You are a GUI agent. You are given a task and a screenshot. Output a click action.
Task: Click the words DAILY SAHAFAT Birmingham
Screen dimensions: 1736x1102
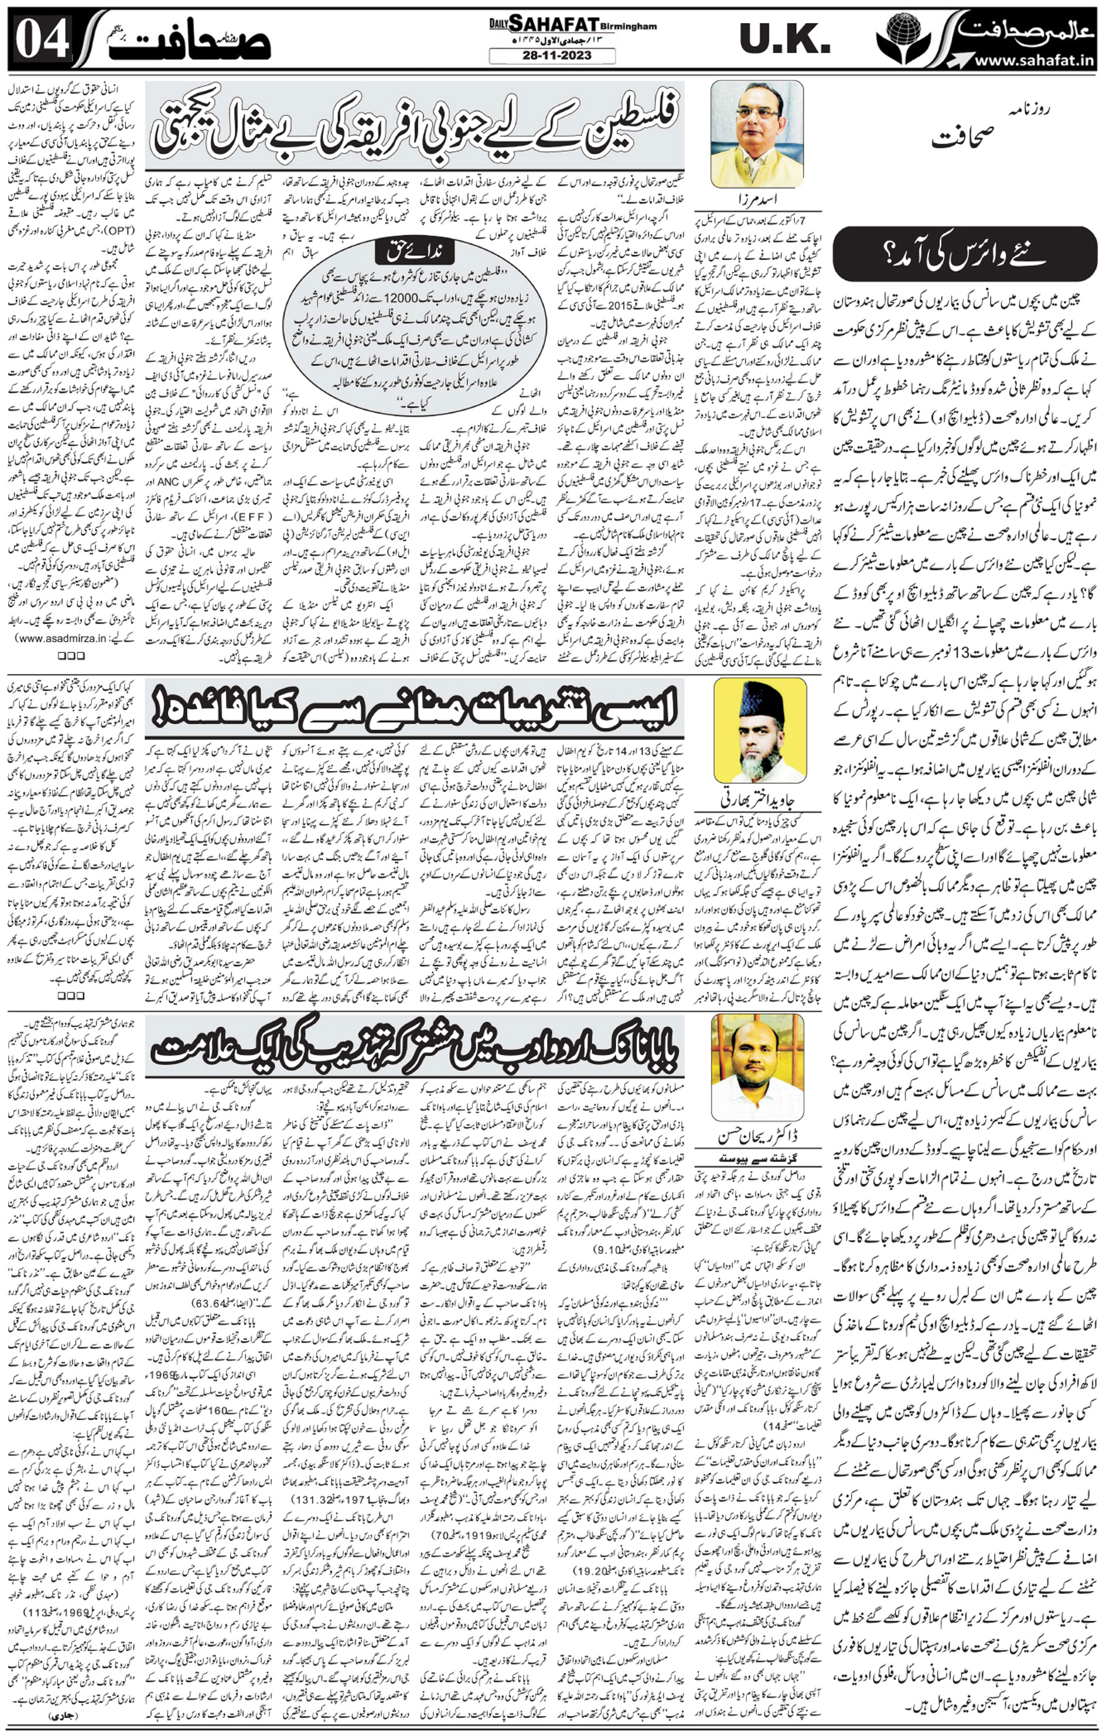click(x=551, y=25)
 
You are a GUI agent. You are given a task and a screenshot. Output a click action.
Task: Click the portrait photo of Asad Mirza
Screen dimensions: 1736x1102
click(x=756, y=134)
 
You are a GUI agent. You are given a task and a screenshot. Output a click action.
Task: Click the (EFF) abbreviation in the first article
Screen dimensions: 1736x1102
click(x=239, y=518)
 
